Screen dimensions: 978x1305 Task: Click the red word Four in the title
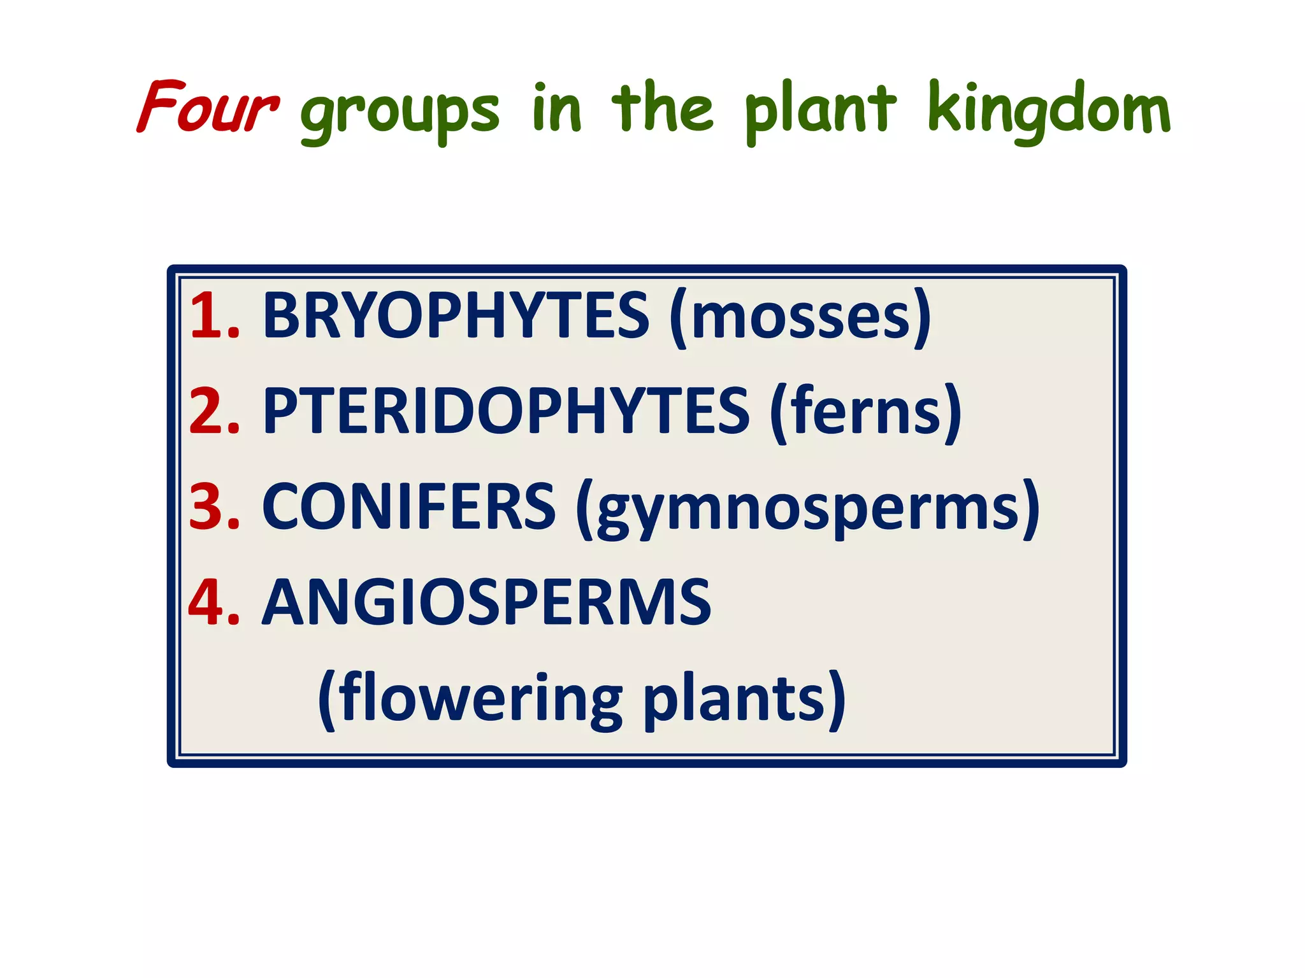click(208, 107)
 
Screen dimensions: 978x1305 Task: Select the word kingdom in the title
click(1049, 110)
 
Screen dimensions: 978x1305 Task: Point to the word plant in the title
click(821, 110)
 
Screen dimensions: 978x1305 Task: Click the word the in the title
click(662, 107)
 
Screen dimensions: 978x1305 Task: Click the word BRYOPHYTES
click(456, 315)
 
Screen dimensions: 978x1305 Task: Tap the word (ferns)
click(865, 412)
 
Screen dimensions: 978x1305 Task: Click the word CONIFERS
click(408, 506)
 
